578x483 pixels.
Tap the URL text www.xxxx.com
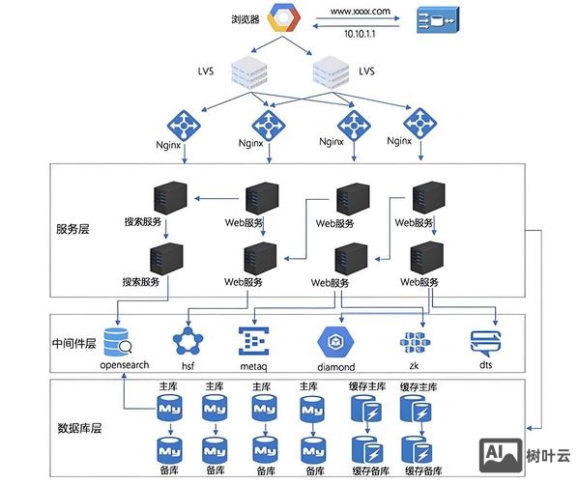point(360,11)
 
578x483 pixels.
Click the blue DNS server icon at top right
point(438,20)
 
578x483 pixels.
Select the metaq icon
point(253,343)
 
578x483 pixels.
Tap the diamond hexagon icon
point(336,342)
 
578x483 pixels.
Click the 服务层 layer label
point(73,230)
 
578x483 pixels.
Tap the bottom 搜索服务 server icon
point(166,258)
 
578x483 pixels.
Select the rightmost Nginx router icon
point(420,123)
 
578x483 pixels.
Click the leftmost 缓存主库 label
point(366,386)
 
